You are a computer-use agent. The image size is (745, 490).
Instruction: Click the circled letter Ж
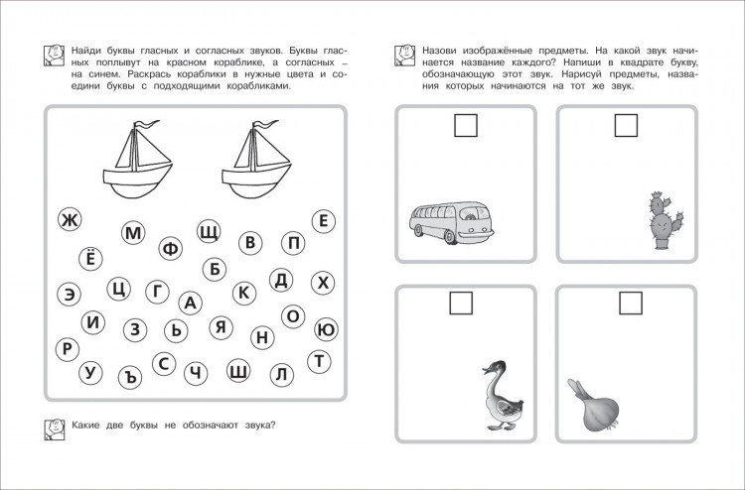pos(69,220)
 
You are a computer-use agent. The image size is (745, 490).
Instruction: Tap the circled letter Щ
pos(209,231)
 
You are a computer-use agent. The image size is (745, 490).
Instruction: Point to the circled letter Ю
pos(326,329)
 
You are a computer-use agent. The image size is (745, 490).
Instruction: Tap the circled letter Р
pos(67,348)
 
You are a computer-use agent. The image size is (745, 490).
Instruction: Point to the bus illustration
pos(450,224)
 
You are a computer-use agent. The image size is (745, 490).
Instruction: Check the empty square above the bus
pos(465,126)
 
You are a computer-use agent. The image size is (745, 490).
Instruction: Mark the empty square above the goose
pos(463,304)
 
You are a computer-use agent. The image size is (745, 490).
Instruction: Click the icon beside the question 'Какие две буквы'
pos(57,429)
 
